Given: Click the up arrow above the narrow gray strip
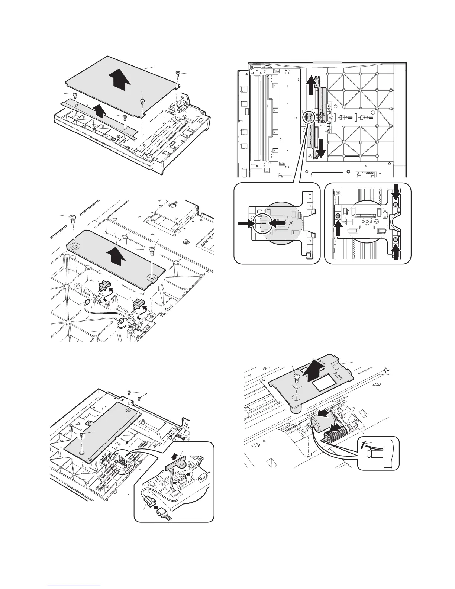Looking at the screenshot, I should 98,110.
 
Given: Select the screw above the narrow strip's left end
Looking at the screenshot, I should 75,95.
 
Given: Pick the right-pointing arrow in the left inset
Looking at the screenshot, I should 245,223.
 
